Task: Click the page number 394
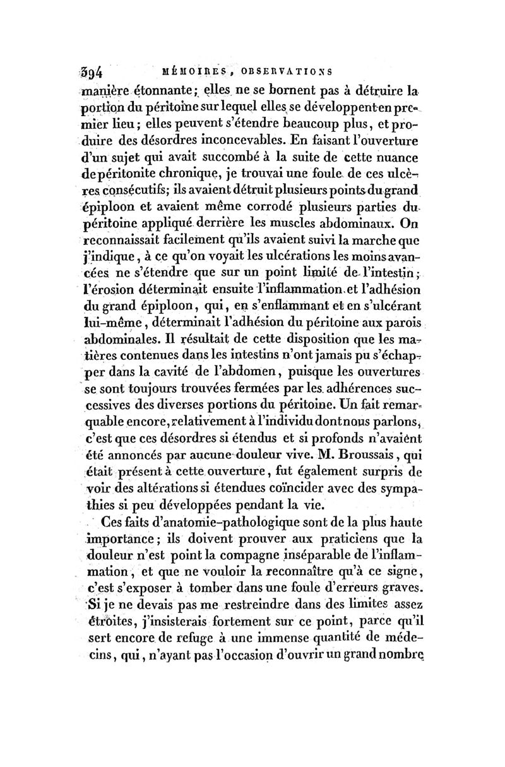[x=97, y=70]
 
